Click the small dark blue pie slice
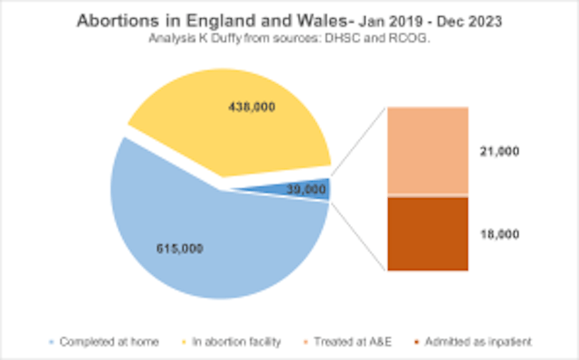tap(321, 189)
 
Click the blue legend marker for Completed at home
tap(53, 341)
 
